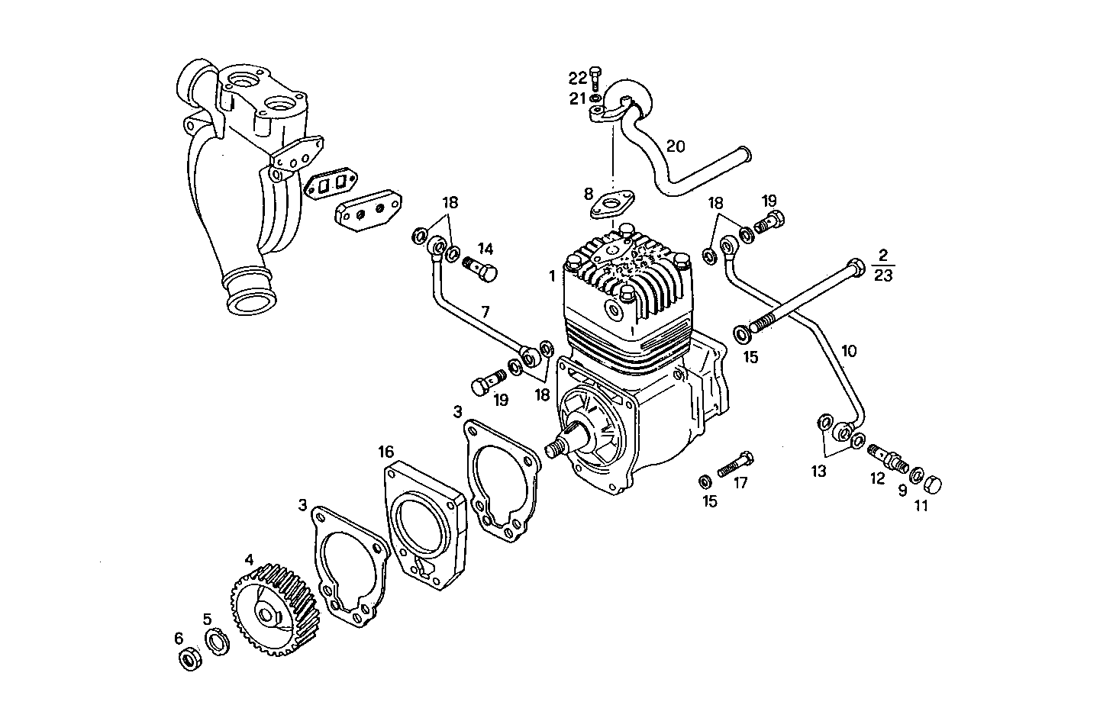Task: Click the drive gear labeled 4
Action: (271, 610)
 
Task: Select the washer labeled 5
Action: (216, 640)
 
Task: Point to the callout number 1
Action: (552, 275)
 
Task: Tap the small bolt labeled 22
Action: (597, 78)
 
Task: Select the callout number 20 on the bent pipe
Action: (676, 146)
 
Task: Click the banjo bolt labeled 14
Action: (479, 269)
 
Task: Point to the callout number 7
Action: (484, 311)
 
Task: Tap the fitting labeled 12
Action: (887, 458)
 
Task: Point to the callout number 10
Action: (849, 351)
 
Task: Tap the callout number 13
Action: (818, 472)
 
